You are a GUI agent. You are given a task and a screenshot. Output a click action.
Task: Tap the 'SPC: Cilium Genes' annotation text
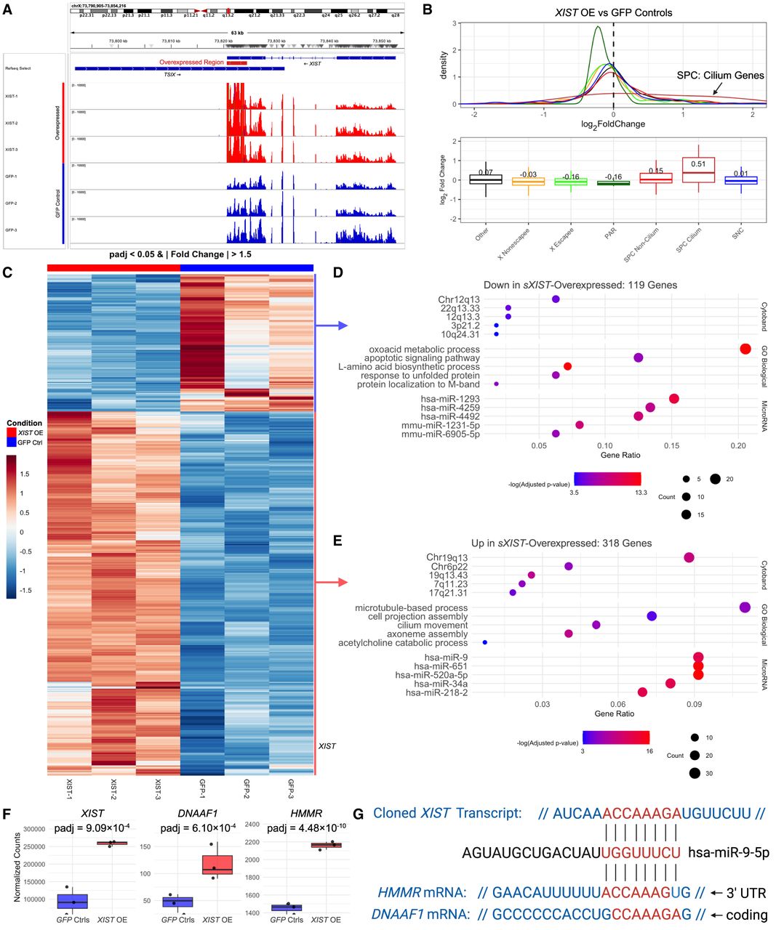720,75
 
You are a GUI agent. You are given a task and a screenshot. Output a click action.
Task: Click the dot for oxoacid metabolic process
745,349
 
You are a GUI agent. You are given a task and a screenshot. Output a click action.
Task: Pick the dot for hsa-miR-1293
674,399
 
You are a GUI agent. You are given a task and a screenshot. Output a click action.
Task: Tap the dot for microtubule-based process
745,607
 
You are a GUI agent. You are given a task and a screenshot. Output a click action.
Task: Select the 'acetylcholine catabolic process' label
403,643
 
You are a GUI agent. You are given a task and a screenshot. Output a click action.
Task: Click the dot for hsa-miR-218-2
642,692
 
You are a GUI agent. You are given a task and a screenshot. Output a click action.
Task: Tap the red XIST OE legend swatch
11,433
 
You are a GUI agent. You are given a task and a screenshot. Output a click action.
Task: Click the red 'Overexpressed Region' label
191,62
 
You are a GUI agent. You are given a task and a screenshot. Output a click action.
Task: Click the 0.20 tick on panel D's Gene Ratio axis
739,445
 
